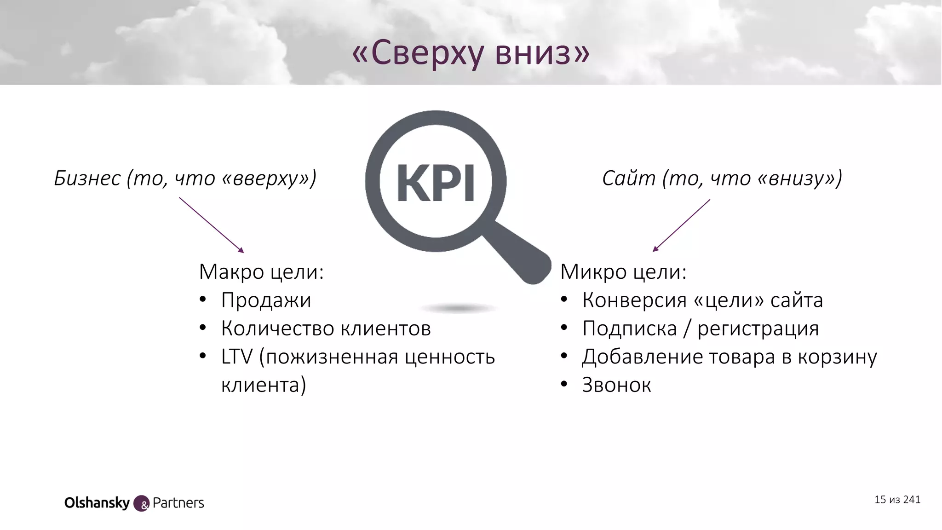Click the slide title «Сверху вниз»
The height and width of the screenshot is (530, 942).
point(471,53)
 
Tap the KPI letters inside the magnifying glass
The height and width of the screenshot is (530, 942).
point(435,183)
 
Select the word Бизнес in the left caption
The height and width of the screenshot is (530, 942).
point(87,179)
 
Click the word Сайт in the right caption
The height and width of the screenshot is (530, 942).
point(628,179)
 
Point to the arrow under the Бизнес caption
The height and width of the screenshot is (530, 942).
point(211,225)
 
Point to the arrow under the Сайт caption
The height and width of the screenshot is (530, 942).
point(681,225)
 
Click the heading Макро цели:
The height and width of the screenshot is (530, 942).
point(261,272)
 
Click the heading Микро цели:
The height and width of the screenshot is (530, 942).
point(623,272)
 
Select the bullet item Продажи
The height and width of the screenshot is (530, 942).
point(266,300)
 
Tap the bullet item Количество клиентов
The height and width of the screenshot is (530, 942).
point(326,328)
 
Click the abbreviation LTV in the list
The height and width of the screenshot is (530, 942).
point(236,357)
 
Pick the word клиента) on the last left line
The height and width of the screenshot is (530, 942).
point(264,385)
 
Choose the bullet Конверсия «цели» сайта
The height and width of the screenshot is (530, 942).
point(702,300)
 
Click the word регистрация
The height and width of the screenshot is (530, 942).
point(758,328)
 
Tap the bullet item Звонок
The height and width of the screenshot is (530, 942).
point(616,385)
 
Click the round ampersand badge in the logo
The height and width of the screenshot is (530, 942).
point(141,504)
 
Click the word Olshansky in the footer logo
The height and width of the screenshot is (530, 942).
point(97,503)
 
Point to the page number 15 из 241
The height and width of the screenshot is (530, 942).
point(897,500)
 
